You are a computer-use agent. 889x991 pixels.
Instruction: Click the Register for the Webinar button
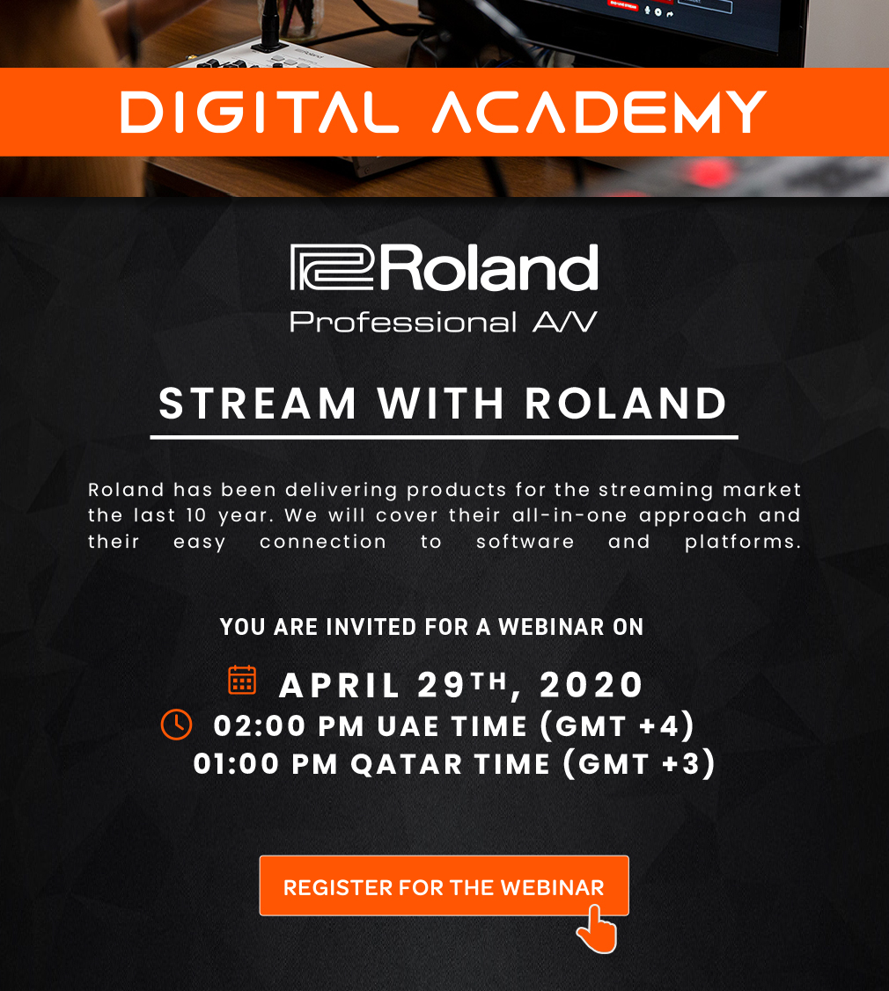click(x=444, y=885)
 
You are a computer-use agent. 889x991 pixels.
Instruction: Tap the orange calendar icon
click(x=242, y=680)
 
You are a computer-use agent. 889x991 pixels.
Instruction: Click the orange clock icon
click(x=177, y=725)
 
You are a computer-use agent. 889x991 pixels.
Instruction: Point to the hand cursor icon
click(x=597, y=929)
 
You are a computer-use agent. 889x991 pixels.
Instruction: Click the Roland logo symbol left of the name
click(x=332, y=267)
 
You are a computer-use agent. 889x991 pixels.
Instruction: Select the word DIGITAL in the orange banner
click(x=260, y=113)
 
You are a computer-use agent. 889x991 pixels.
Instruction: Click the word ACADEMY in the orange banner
click(x=599, y=113)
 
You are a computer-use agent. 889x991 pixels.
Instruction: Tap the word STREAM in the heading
click(x=258, y=404)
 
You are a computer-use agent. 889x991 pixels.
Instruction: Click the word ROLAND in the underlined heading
click(x=626, y=404)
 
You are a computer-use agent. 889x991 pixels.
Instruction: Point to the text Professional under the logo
click(x=403, y=323)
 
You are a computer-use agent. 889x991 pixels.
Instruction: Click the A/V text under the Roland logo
click(x=565, y=322)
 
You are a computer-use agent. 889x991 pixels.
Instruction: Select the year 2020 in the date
click(x=591, y=685)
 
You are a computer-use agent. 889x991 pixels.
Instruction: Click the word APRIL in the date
click(x=339, y=685)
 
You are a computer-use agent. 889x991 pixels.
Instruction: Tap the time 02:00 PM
click(x=289, y=725)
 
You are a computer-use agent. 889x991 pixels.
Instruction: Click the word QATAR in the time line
click(x=407, y=764)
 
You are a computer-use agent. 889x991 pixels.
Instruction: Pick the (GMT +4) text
click(x=618, y=725)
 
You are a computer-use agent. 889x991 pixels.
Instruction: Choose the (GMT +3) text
click(x=640, y=764)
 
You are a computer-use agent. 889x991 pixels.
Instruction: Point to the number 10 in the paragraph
click(x=196, y=515)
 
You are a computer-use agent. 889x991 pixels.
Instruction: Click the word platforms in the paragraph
click(x=743, y=542)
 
